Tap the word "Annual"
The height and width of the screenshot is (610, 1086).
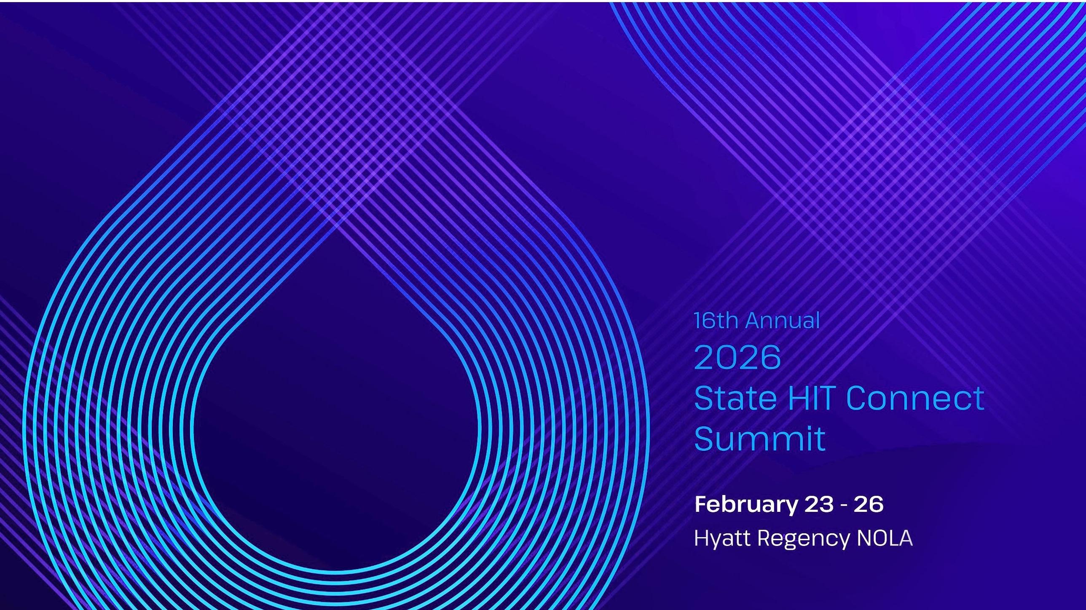(783, 321)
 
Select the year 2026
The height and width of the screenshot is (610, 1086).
(737, 357)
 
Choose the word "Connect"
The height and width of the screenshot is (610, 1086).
(915, 398)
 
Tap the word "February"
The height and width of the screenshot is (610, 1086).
(746, 505)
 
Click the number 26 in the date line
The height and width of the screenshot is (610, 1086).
(869, 504)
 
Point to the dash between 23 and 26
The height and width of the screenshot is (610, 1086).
(844, 506)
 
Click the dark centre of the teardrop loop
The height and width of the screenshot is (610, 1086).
(336, 426)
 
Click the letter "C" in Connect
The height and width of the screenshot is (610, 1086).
(858, 398)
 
